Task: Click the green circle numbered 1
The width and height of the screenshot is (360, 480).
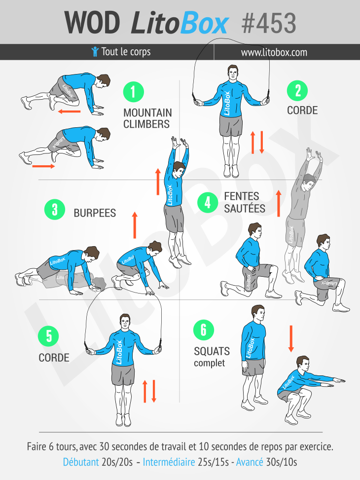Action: [134, 92]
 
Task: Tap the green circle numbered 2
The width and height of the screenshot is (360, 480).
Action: [297, 91]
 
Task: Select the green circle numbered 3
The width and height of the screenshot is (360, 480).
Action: [55, 210]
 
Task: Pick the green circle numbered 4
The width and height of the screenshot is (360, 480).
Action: [208, 202]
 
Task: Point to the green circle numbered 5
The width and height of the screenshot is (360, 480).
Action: [48, 336]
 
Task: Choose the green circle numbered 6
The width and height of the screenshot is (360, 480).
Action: [204, 330]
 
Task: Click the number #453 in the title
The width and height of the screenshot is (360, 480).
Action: [269, 23]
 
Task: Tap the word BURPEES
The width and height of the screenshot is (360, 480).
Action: [95, 213]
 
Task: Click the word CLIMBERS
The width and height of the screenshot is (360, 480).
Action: [146, 124]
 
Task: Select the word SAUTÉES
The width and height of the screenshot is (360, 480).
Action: [245, 208]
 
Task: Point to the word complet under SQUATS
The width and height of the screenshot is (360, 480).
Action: [210, 364]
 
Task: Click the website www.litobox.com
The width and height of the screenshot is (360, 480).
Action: [274, 52]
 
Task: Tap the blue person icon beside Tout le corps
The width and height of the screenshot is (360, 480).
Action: [95, 52]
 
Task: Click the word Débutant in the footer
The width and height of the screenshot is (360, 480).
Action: [81, 462]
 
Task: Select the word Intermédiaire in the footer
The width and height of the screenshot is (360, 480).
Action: [169, 462]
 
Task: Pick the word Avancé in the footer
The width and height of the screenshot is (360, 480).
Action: [250, 462]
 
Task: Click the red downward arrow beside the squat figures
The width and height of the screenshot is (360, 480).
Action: [291, 338]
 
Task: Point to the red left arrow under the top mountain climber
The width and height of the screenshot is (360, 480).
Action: [69, 111]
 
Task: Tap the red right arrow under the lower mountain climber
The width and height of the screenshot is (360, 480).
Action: [43, 166]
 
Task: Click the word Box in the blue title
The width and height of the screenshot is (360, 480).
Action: [204, 23]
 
